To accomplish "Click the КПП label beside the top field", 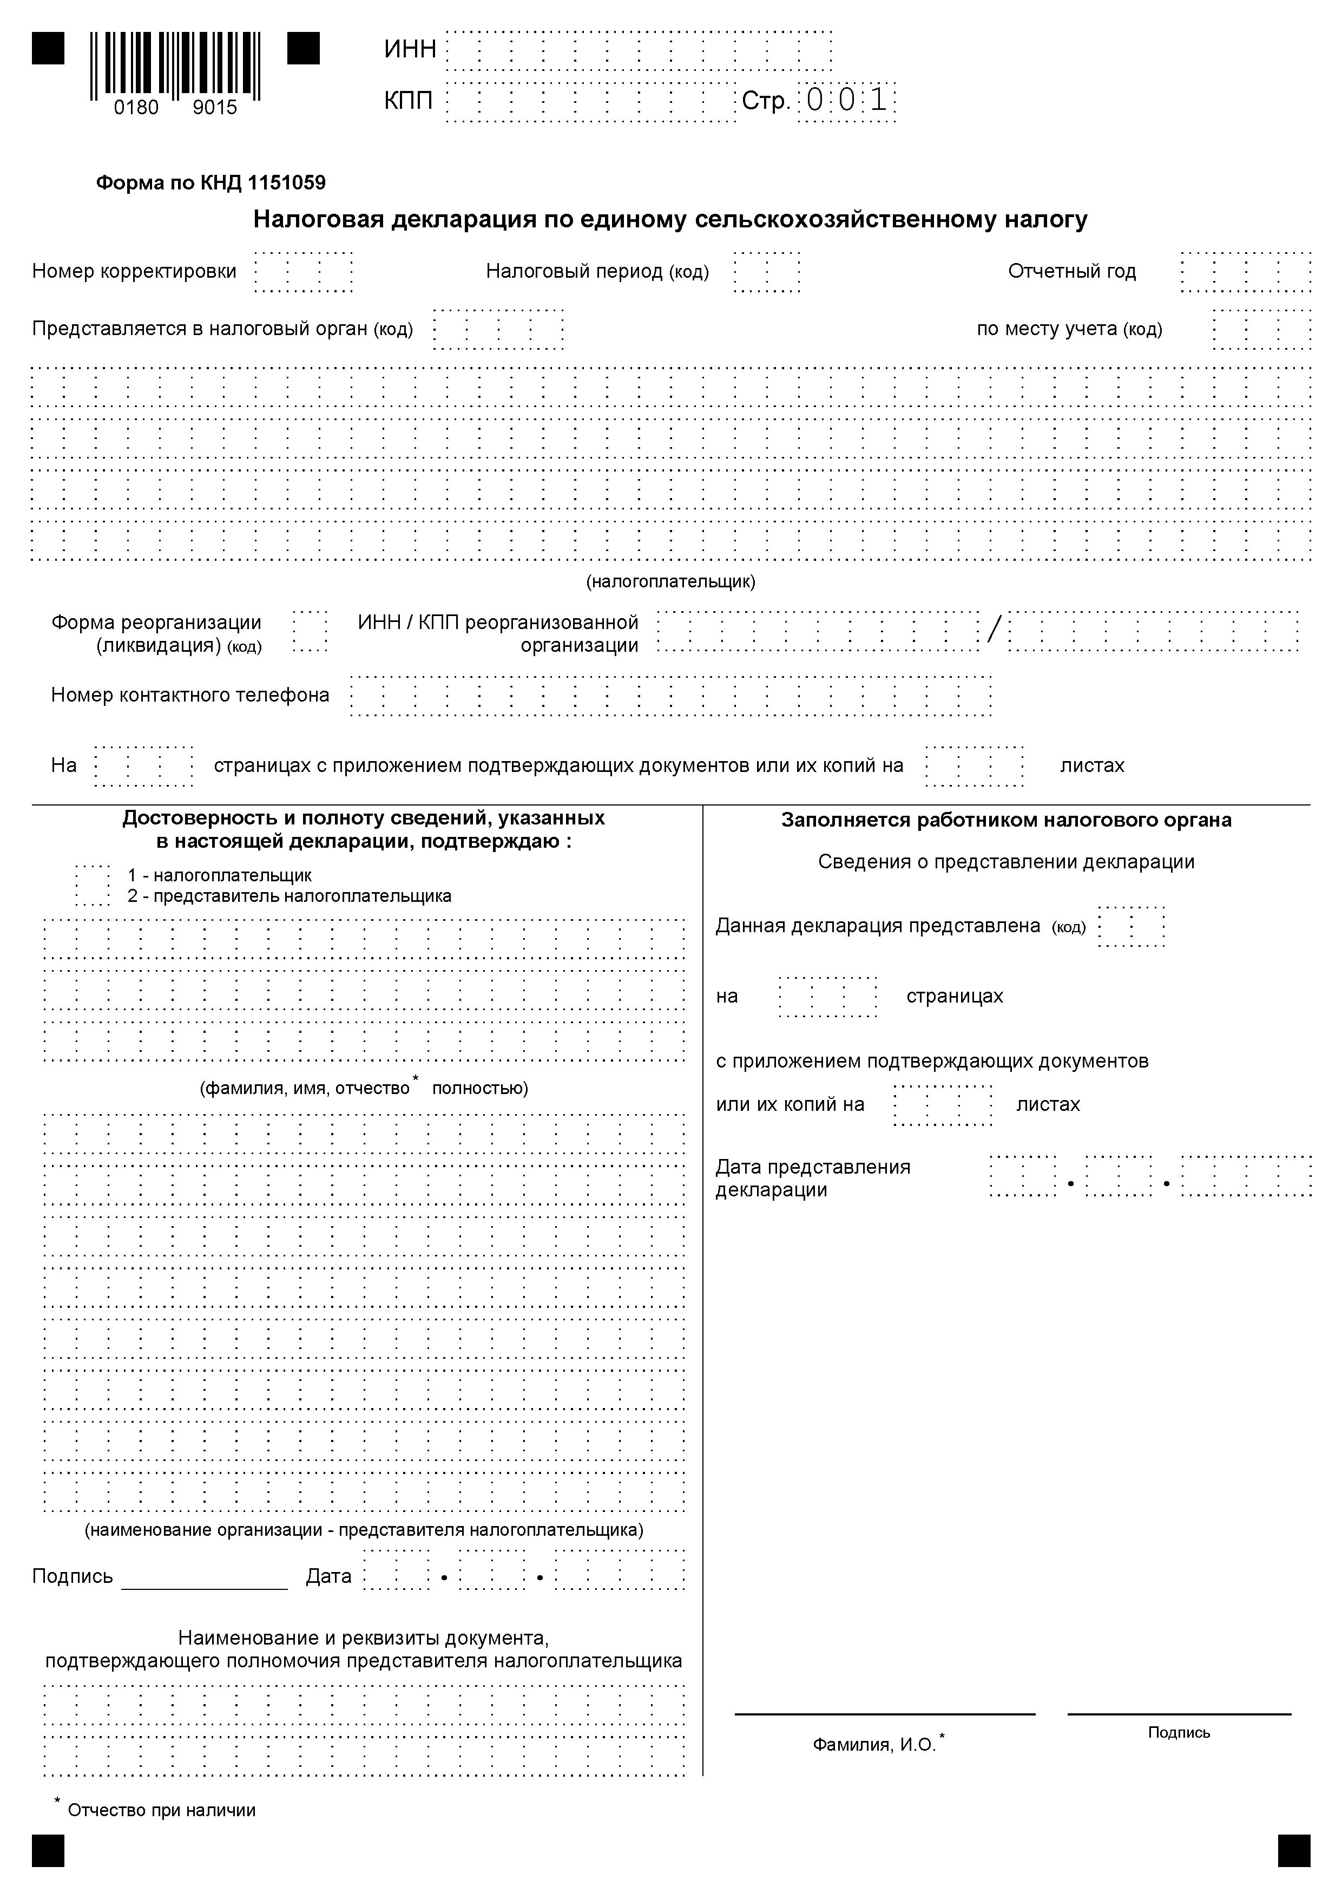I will point(409,101).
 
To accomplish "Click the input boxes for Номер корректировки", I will point(304,271).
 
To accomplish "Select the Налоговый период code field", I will point(766,271).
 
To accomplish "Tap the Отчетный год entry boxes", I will point(1245,271).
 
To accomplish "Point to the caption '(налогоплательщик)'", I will point(670,581).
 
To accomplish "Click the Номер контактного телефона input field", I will point(670,696).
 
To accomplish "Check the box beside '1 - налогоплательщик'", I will point(93,885).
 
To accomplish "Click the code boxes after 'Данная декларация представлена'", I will point(1131,926).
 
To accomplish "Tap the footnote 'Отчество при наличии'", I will point(161,1811).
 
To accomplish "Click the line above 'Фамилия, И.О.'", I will point(885,1714).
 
